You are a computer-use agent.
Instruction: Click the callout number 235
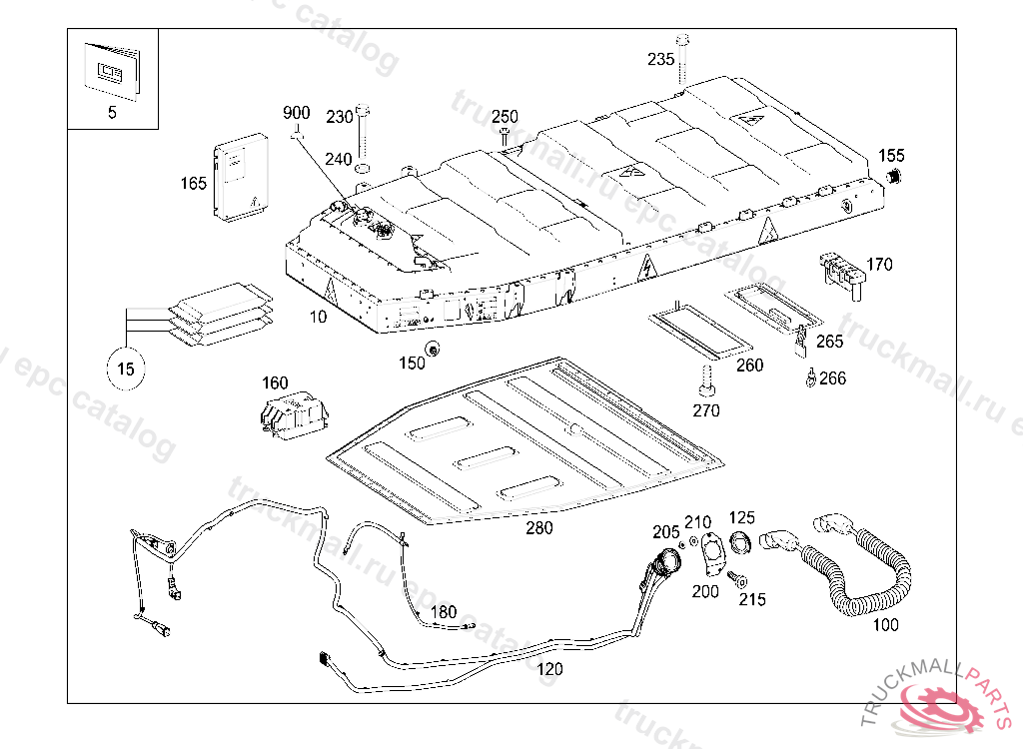660,59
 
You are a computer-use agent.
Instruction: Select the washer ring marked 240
362,169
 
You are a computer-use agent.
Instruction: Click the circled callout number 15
125,370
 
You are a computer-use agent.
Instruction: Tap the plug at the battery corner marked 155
893,176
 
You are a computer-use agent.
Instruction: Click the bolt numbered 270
706,381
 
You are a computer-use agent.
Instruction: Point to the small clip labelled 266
810,377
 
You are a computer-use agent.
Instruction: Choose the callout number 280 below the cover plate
539,528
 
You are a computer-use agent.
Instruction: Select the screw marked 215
737,579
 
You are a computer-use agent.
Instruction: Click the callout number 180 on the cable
444,612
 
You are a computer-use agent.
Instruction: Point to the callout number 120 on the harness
549,669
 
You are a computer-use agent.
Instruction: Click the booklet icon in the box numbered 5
112,71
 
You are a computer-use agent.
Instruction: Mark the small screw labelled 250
505,137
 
